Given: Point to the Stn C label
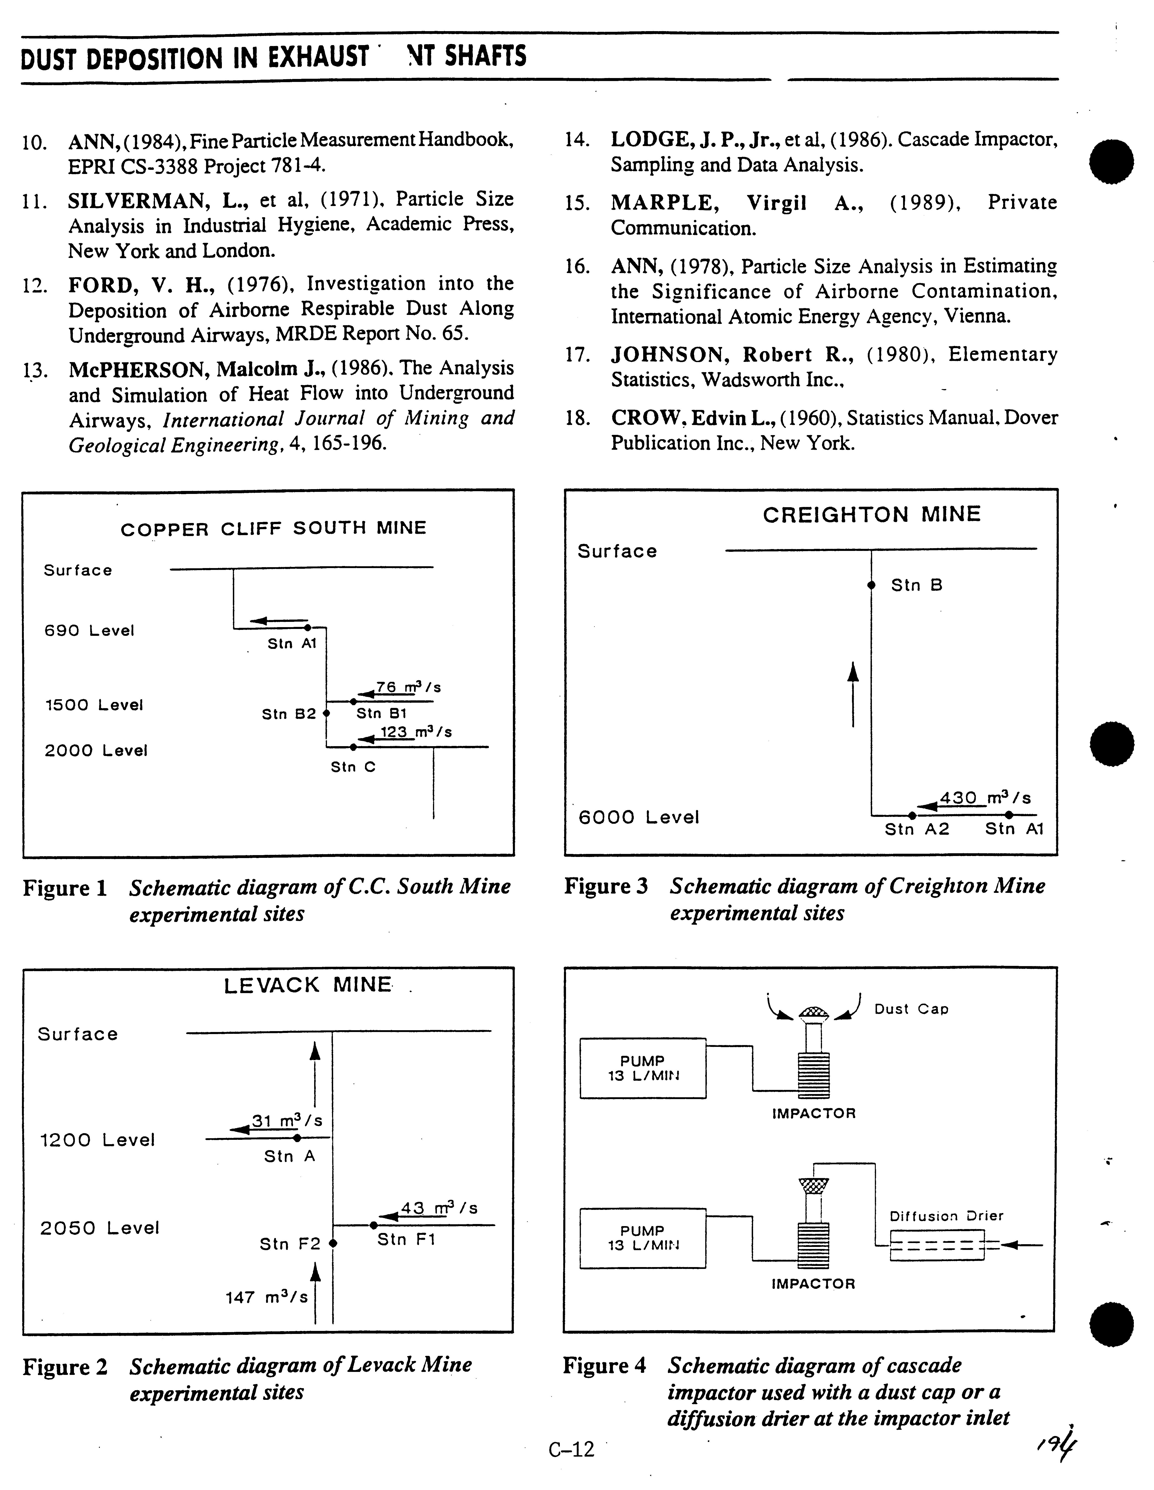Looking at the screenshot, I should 353,767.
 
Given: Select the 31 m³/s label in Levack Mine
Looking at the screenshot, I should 287,1120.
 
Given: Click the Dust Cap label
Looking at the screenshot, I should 911,1009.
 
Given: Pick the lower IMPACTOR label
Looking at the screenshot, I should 813,1283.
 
